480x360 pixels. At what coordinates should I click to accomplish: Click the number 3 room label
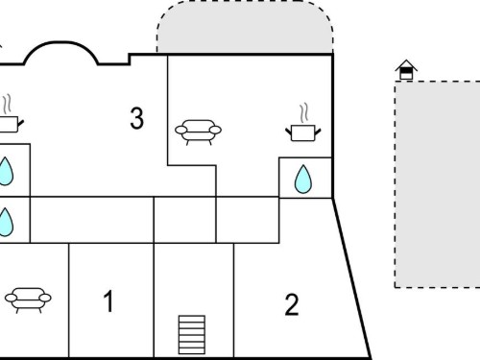pos(137,118)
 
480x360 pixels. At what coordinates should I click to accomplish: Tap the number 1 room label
pos(108,300)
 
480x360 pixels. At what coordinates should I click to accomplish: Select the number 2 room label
pos(292,305)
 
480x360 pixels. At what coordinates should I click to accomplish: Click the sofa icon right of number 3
pos(198,132)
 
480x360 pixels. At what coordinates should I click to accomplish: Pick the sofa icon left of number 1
pos(28,300)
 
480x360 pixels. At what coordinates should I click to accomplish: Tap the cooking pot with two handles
pos(303,133)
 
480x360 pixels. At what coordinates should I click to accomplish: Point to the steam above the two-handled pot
pos(304,112)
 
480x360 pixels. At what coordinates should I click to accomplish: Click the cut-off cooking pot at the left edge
pos(10,124)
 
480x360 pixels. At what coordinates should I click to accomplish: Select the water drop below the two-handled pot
pos(302,180)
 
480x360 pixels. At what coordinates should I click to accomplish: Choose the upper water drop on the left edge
pos(6,172)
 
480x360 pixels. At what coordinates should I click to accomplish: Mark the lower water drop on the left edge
pos(6,222)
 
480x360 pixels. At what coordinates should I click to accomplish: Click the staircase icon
pos(192,335)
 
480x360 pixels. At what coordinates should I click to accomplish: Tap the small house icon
pos(406,70)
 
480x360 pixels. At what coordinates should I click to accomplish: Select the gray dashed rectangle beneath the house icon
pos(437,184)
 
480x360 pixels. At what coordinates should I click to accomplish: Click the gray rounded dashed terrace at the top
pos(245,27)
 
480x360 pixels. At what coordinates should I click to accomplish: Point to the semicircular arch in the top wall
pos(60,42)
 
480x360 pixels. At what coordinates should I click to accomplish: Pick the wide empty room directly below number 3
pos(92,220)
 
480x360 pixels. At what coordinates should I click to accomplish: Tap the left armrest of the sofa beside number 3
pos(181,130)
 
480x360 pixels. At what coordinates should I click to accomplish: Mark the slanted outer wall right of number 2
pos(351,278)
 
